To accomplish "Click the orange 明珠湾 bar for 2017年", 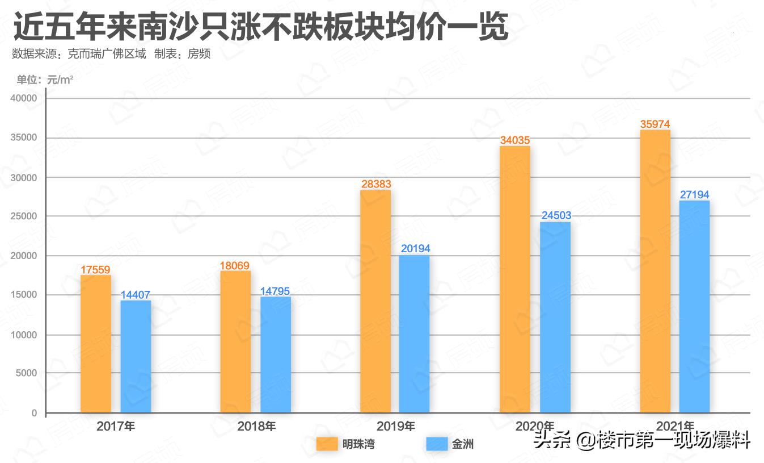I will point(95,344).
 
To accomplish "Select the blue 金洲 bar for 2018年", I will point(276,354).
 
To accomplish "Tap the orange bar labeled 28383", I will point(375,301).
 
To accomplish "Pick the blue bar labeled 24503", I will point(555,317).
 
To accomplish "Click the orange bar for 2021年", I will point(655,271).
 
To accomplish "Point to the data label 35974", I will point(655,124).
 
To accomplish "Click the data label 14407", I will point(136,295).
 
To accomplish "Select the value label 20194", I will point(415,249).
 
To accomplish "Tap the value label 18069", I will point(235,265).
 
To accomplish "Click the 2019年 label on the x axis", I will point(396,426).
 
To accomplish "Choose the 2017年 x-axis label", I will point(116,426).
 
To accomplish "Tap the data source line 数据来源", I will point(111,55).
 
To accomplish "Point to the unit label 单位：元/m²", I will point(45,80).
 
